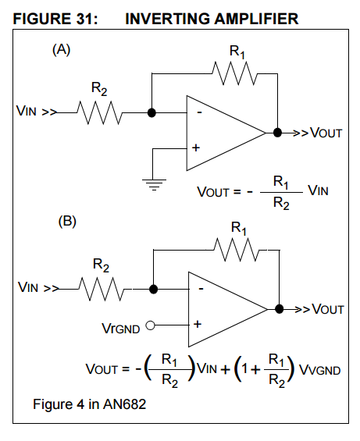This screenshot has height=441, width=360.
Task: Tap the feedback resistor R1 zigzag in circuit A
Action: [235, 73]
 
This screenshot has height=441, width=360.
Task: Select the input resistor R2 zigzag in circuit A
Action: [100, 112]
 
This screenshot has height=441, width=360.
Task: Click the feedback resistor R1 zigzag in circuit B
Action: [237, 250]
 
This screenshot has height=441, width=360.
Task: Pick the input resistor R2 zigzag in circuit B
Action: [102, 289]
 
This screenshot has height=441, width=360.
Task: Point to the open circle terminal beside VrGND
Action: [150, 325]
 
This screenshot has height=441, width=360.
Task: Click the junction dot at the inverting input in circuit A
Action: [151, 112]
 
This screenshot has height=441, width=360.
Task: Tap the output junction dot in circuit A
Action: [277, 133]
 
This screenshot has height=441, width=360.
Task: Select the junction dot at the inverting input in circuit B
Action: [153, 289]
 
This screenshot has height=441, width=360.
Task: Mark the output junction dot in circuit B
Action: [280, 309]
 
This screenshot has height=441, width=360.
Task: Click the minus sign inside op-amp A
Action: [200, 112]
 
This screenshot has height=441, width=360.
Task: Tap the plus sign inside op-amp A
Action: [196, 148]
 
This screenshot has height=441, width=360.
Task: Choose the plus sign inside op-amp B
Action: [198, 324]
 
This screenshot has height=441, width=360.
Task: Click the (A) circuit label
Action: [62, 50]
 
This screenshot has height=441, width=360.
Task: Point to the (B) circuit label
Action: [67, 222]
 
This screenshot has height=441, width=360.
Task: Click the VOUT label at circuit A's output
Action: [326, 133]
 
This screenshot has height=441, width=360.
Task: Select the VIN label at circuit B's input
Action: [28, 287]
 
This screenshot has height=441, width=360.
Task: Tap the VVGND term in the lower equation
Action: [319, 370]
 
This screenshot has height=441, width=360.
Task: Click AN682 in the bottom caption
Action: [125, 404]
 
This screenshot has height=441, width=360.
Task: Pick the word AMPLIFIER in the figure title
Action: [256, 20]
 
